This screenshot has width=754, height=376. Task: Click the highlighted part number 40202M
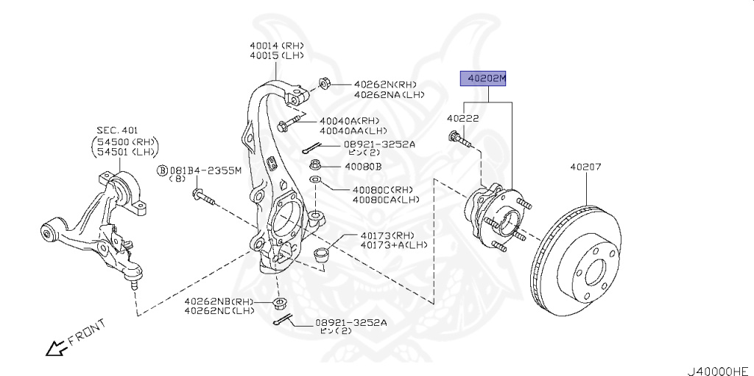(x=484, y=78)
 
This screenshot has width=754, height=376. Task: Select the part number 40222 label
(x=463, y=118)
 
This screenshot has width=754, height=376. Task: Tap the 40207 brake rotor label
(x=585, y=167)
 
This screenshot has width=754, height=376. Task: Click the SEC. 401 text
(x=118, y=130)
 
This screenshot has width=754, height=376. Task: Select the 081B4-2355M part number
(x=205, y=170)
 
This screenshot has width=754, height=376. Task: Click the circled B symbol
(x=161, y=170)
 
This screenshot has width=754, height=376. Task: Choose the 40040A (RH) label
(x=349, y=121)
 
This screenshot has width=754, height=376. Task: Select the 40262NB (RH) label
(x=219, y=301)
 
